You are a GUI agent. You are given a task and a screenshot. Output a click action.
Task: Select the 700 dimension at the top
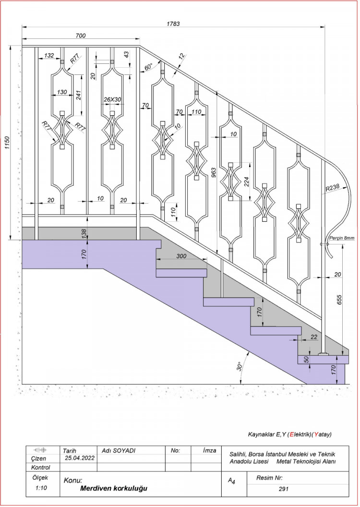(81, 36)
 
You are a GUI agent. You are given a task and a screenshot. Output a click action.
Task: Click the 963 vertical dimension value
(214, 173)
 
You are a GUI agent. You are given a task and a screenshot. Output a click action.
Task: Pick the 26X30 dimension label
(112, 99)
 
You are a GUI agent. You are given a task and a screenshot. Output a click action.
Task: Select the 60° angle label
(148, 67)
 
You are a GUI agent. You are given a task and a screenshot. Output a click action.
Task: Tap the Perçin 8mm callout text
(342, 238)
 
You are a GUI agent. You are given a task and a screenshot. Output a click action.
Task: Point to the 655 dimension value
(339, 299)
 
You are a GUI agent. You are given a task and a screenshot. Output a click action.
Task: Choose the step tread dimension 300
(181, 256)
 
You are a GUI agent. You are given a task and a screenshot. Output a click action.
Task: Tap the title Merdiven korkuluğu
(114, 488)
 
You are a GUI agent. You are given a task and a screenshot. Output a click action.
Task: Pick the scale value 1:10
(41, 488)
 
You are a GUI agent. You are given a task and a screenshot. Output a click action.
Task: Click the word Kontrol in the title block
(41, 467)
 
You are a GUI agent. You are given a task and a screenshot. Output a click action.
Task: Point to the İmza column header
(209, 450)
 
